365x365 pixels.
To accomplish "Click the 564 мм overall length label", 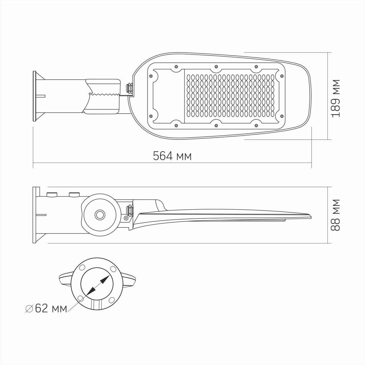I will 172,156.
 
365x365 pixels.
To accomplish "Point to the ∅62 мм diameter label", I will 46,308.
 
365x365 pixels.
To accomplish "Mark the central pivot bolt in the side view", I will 100,215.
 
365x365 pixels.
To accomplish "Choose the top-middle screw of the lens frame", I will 216,66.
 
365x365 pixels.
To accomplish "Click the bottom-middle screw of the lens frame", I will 216,125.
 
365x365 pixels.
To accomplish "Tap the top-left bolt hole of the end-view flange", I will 81,269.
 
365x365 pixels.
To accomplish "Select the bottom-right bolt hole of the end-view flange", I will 111,300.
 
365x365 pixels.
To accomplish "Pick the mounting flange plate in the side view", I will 36,215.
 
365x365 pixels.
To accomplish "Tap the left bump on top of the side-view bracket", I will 51,194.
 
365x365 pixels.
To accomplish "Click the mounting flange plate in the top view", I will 35,96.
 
